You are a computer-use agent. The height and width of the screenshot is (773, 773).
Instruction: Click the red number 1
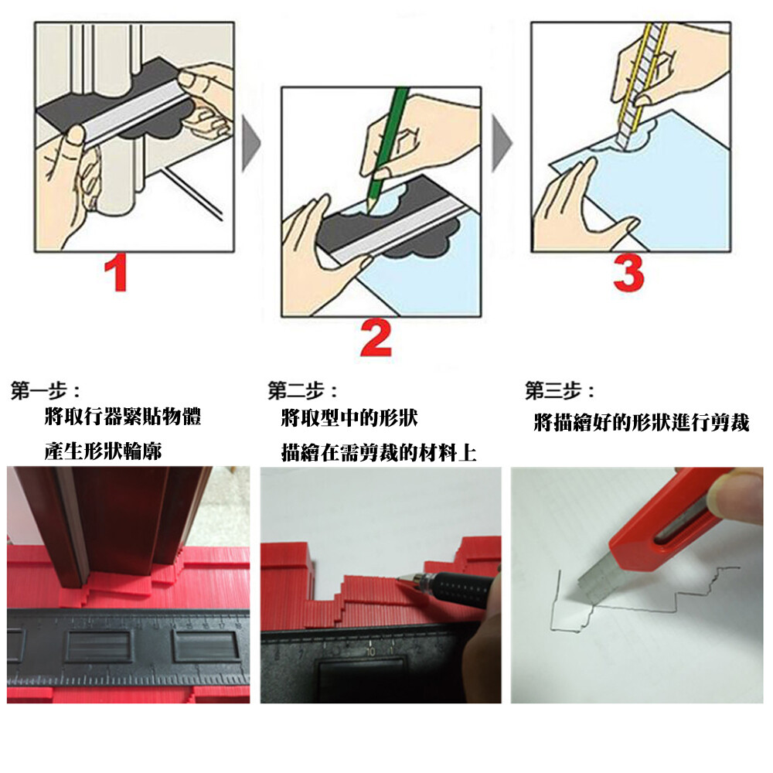(117, 273)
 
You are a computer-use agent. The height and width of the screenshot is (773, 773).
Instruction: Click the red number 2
(376, 338)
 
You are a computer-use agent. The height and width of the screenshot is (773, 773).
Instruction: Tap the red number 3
(628, 273)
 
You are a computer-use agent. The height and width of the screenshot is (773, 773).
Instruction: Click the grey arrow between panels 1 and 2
(251, 144)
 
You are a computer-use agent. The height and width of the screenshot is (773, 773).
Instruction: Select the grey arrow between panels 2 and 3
(502, 144)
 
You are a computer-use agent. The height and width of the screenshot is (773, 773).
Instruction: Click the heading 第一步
(39, 391)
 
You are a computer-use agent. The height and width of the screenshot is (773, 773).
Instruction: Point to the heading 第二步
(297, 391)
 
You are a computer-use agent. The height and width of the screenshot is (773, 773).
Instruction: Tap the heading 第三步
(554, 391)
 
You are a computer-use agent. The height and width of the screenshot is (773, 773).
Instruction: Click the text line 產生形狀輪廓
(103, 451)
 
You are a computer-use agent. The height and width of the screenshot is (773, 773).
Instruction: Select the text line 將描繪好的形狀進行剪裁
(642, 423)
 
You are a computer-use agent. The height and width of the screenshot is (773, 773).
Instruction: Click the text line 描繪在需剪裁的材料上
(379, 452)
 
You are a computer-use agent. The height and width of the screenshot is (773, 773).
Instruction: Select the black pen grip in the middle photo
(458, 587)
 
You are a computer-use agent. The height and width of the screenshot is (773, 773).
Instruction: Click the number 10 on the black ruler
(370, 651)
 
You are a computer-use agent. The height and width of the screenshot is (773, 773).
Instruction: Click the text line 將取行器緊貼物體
(123, 417)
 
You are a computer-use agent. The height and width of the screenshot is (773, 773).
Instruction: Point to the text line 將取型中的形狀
(349, 418)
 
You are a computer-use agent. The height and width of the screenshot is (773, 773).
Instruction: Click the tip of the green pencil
(366, 213)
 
